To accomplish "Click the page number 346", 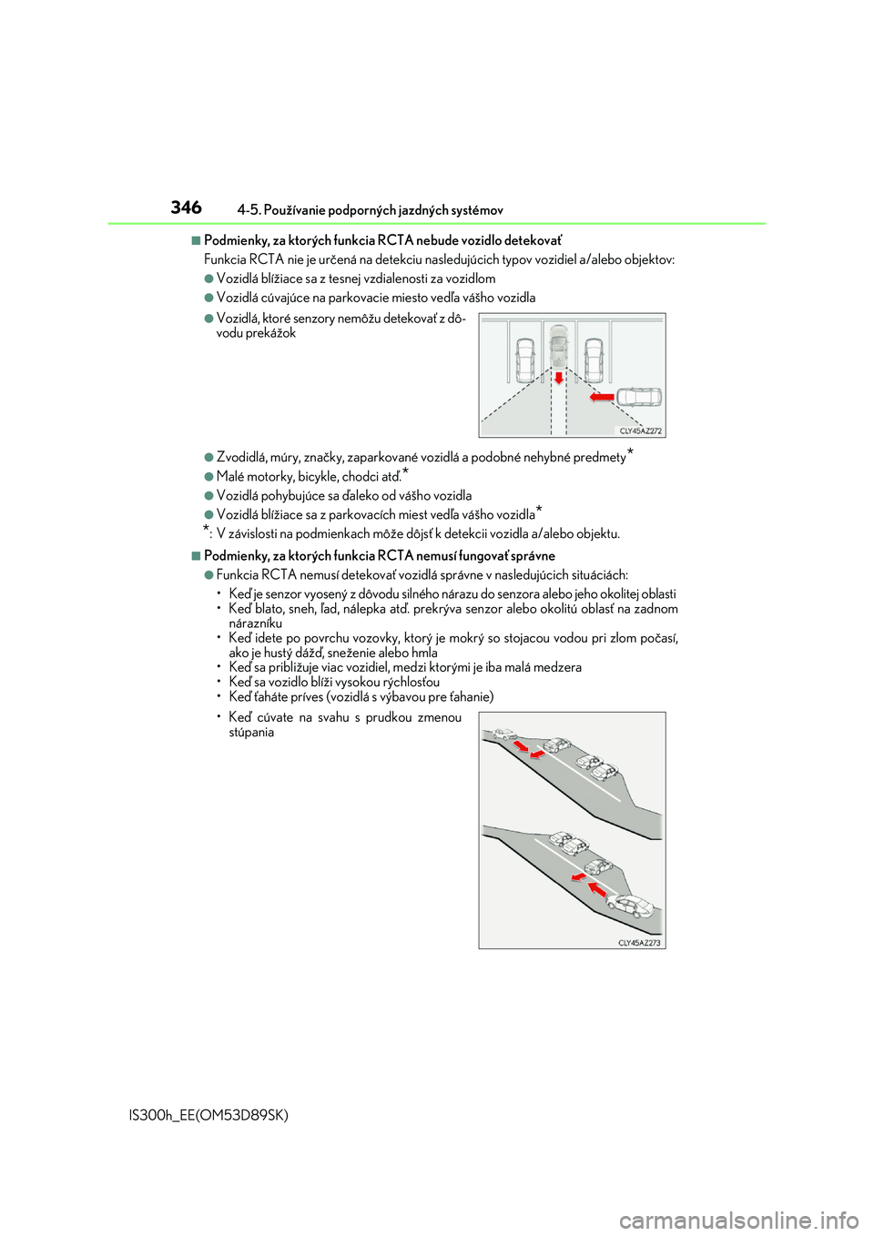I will tap(186, 208).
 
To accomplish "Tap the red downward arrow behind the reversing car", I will tap(559, 377).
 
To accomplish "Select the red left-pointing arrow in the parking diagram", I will tap(602, 397).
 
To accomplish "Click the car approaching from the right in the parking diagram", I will tap(639, 397).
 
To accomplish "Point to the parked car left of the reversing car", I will tap(525, 360).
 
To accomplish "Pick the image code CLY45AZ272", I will tap(641, 431).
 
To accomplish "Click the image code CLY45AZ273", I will tap(639, 943).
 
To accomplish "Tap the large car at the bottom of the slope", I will tap(631, 907).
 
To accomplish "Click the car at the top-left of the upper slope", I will tap(503, 734).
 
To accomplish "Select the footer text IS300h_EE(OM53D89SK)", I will tap(209, 1115).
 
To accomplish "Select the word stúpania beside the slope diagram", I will tap(251, 733).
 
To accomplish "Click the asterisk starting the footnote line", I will tap(207, 530).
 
